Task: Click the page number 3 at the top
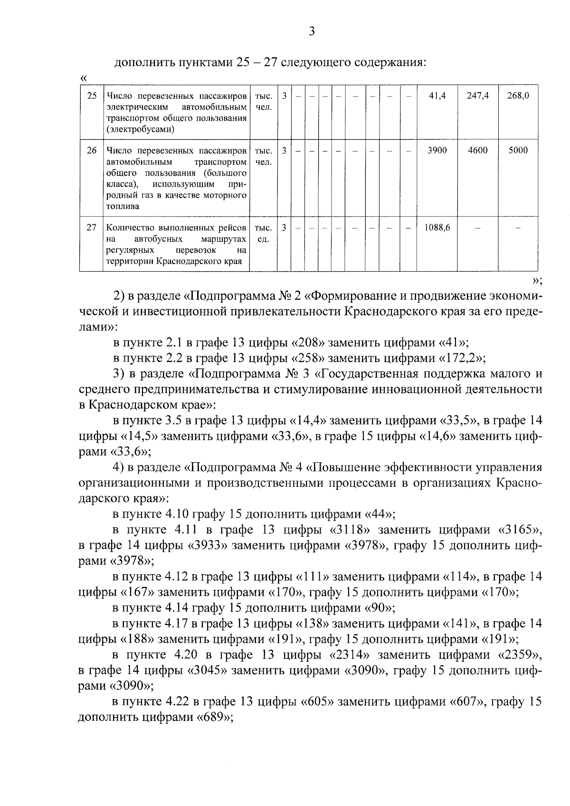(311, 32)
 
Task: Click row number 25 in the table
(92, 95)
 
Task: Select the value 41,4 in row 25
(437, 95)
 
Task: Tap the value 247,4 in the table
(477, 95)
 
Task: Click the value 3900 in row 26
(437, 151)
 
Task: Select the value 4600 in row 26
(477, 151)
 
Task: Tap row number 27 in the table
(92, 228)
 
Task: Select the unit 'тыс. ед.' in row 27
(263, 233)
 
